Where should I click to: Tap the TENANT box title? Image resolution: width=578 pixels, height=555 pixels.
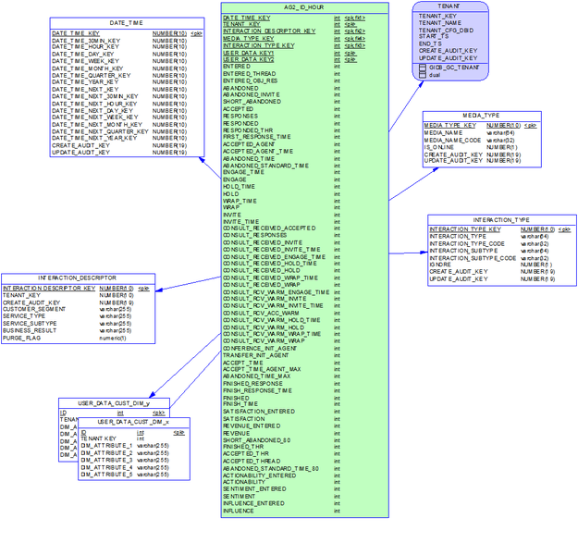(x=452, y=6)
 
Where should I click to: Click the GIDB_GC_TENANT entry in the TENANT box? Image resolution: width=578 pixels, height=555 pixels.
(x=452, y=68)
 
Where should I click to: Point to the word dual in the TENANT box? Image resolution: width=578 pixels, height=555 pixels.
(x=435, y=75)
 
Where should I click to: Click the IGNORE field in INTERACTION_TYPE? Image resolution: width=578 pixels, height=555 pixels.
(x=440, y=265)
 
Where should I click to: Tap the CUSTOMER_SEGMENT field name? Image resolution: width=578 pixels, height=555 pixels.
(x=35, y=309)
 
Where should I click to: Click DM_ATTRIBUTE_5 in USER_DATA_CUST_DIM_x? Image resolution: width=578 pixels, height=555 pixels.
(x=107, y=475)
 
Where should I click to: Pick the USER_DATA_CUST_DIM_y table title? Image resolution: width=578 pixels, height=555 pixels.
(x=114, y=403)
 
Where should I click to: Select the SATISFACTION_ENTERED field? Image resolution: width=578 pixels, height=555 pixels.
(x=259, y=412)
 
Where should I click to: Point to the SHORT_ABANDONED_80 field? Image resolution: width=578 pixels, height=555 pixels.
(x=256, y=439)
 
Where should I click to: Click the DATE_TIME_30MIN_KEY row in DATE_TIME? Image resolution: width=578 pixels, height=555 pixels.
(x=85, y=41)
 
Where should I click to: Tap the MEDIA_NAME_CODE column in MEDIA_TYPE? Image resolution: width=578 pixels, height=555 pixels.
(x=452, y=141)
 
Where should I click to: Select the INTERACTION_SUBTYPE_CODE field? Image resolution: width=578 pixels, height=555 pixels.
(x=472, y=258)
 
